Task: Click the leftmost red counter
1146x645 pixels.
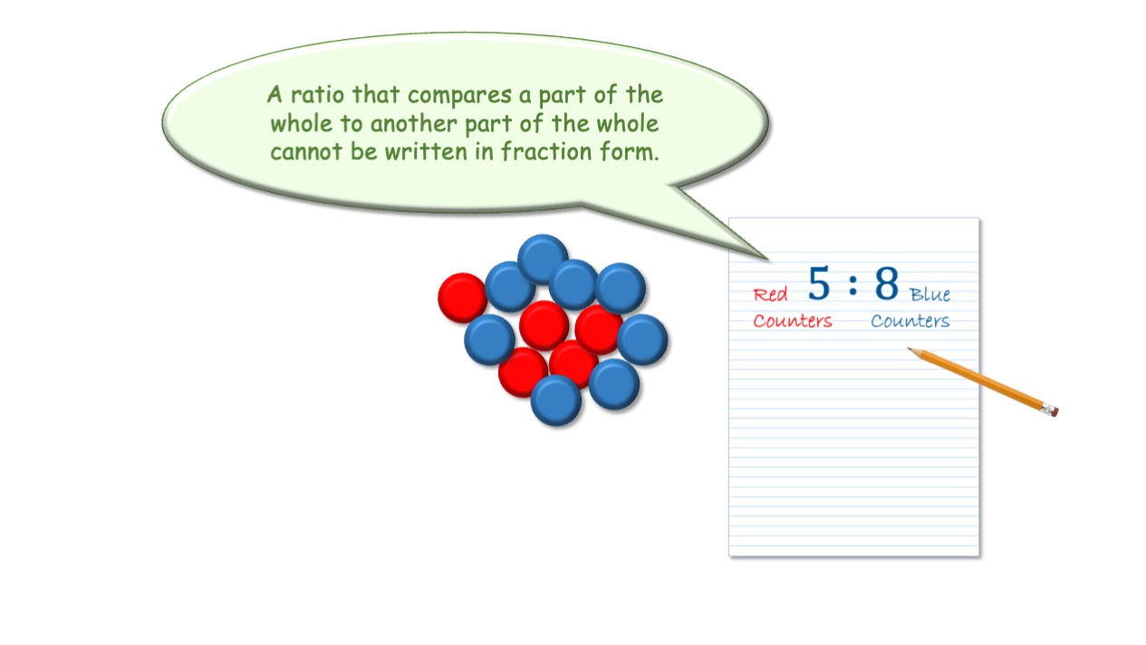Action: click(x=463, y=298)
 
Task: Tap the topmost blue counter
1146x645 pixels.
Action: click(x=543, y=259)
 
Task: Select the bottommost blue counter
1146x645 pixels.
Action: click(x=556, y=400)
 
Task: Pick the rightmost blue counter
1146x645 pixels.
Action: click(x=642, y=340)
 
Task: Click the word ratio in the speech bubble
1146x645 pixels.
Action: click(x=317, y=95)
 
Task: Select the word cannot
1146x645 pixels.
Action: click(x=306, y=152)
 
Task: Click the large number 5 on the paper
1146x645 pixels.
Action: click(x=819, y=283)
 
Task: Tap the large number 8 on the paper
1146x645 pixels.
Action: click(x=887, y=283)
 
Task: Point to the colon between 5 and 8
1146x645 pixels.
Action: click(x=852, y=284)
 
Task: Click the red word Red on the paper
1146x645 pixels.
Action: click(x=770, y=294)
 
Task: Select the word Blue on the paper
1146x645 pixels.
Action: click(x=929, y=294)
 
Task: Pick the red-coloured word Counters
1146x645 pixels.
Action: click(x=793, y=321)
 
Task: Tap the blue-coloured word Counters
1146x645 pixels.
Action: click(x=910, y=321)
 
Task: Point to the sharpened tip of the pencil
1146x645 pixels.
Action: click(x=909, y=349)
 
